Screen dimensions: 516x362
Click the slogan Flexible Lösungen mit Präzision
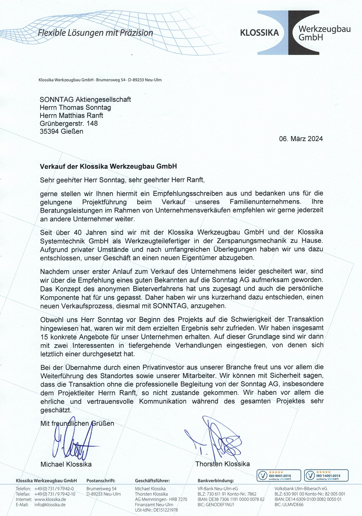(x=96, y=33)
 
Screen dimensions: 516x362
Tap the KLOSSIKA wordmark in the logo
(x=259, y=33)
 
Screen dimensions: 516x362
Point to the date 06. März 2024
(x=301, y=139)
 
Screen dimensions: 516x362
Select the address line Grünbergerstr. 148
(x=69, y=124)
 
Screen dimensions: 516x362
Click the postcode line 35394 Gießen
(x=61, y=131)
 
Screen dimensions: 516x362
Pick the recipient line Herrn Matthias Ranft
(x=71, y=115)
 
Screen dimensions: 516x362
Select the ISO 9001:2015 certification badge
(x=278, y=475)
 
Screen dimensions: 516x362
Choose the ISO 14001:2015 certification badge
(x=326, y=475)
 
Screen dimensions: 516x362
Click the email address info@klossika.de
(x=50, y=505)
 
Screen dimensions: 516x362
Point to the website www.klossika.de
(x=50, y=499)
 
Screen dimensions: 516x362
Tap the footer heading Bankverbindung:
(x=216, y=481)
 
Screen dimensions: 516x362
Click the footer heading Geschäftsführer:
(x=152, y=481)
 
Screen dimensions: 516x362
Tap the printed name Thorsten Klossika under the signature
(x=222, y=464)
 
